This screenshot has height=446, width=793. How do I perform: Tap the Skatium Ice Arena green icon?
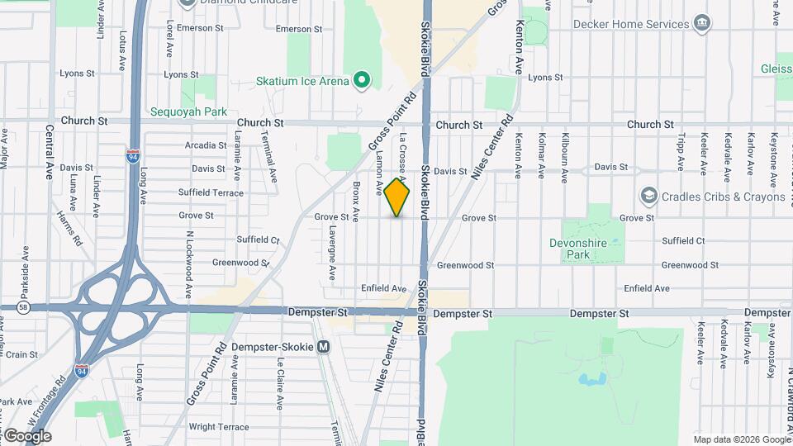tap(360, 80)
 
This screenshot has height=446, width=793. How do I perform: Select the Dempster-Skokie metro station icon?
tap(324, 347)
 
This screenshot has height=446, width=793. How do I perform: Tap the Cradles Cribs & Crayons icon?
tap(648, 197)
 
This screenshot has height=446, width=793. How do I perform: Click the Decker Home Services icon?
tap(702, 22)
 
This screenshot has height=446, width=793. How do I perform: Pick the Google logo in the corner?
tap(27, 436)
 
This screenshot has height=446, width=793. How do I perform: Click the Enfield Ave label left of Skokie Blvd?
tap(383, 288)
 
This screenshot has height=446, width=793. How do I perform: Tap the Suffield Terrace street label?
tap(211, 192)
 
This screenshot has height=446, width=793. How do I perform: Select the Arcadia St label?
tap(206, 145)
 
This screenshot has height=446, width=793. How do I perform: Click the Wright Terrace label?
tap(219, 426)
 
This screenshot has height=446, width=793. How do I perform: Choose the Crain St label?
tap(21, 353)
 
